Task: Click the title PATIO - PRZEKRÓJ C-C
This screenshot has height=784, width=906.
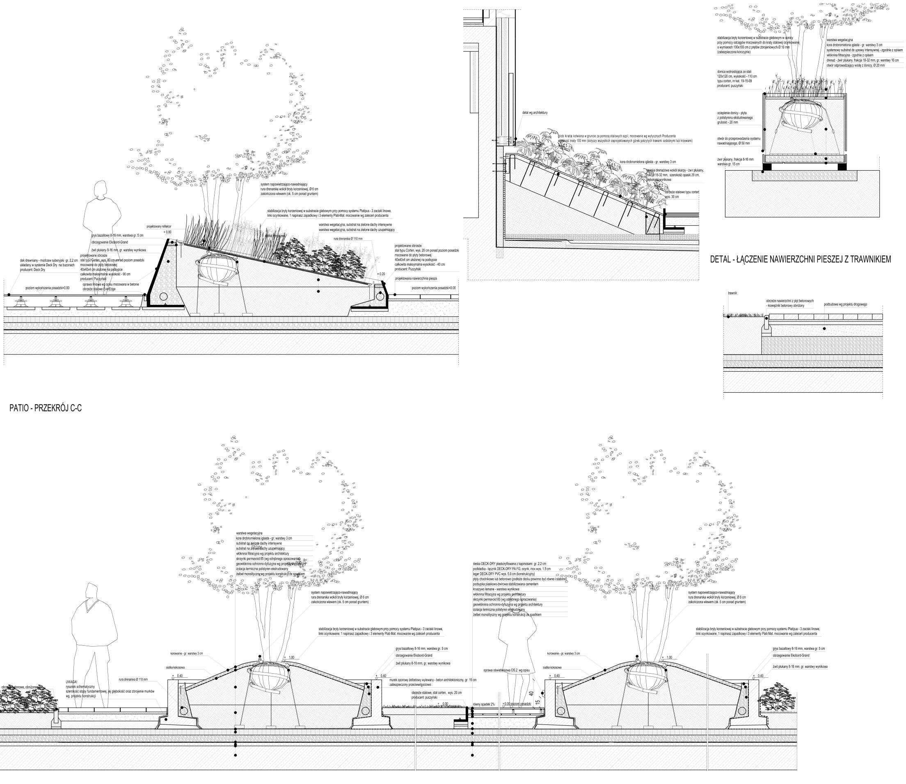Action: click(46, 409)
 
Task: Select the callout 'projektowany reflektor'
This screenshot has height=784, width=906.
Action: click(159, 226)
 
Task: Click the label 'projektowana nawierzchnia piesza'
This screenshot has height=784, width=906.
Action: click(416, 278)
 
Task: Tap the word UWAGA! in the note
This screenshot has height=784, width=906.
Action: click(72, 681)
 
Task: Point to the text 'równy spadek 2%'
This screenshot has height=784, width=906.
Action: click(483, 716)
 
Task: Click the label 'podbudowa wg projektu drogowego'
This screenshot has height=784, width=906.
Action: click(845, 304)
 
